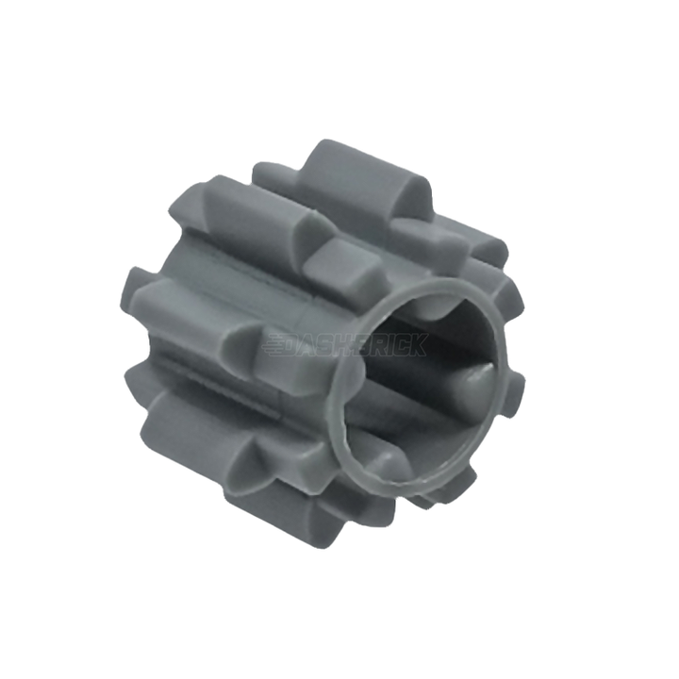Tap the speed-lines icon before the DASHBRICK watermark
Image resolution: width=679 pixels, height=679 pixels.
click(275, 344)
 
